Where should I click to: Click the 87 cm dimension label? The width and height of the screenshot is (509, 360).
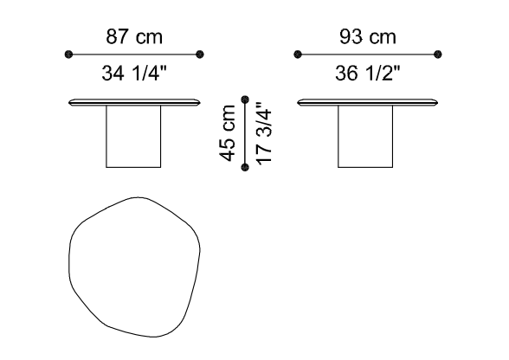pyautogui.click(x=134, y=36)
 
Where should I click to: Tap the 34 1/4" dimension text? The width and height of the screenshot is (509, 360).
pyautogui.click(x=134, y=73)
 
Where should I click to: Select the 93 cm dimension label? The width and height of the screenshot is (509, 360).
pyautogui.click(x=367, y=36)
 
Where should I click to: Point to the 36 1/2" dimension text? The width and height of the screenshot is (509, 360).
pyautogui.click(x=367, y=73)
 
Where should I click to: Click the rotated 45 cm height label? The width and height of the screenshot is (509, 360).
pyautogui.click(x=228, y=133)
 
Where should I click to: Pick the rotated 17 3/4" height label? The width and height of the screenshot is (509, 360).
pyautogui.click(x=263, y=133)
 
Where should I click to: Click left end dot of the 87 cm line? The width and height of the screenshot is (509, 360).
pyautogui.click(x=68, y=55)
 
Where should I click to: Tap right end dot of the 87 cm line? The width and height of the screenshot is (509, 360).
pyautogui.click(x=200, y=55)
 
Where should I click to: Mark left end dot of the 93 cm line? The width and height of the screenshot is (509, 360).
pyautogui.click(x=298, y=55)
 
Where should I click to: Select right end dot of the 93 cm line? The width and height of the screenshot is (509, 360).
pyautogui.click(x=438, y=55)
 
